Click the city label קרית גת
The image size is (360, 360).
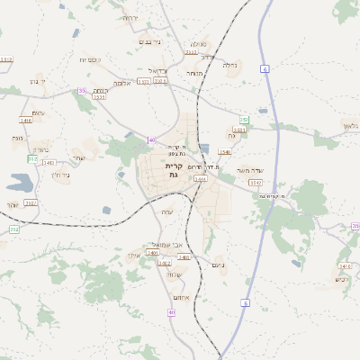click(x=174, y=171)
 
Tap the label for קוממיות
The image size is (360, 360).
click(x=89, y=60)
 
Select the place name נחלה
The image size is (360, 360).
click(x=229, y=65)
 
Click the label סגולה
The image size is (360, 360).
click(x=198, y=44)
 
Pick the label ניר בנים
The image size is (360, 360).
click(x=149, y=41)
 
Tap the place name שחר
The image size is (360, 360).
click(x=79, y=158)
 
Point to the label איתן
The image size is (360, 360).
click(x=133, y=256)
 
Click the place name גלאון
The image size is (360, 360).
click(x=350, y=125)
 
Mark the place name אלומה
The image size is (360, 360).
click(x=101, y=91)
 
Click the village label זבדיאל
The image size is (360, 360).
click(x=158, y=69)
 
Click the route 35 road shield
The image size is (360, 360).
click(x=82, y=91)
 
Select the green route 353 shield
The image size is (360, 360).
click(x=244, y=120)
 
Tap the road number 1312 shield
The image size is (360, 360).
click(x=6, y=59)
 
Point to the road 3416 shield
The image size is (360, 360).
click(x=25, y=120)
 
